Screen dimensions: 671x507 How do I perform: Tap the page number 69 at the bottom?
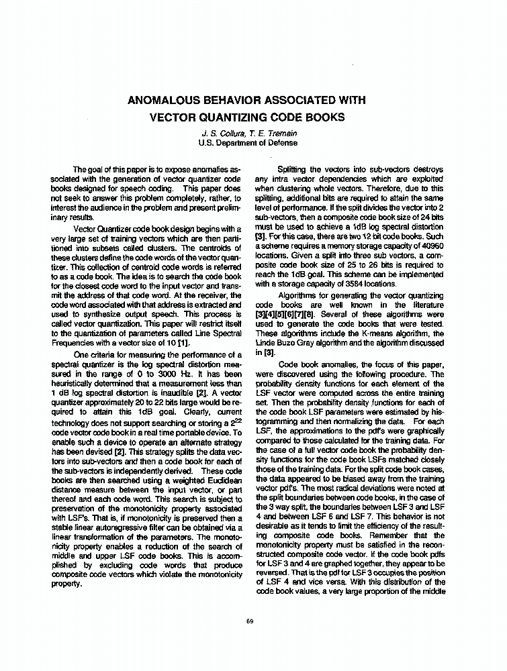tap(250, 621)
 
